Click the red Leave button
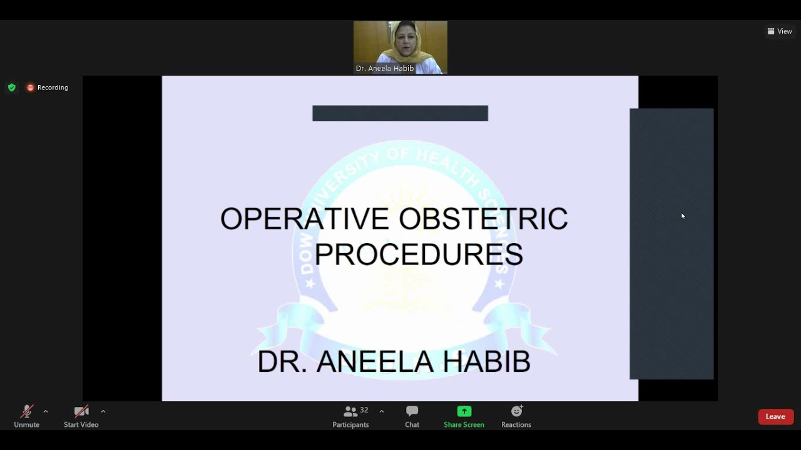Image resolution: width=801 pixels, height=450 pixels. click(775, 417)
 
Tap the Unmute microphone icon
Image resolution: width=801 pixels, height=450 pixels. click(26, 411)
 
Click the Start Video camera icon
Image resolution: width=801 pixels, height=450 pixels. click(81, 411)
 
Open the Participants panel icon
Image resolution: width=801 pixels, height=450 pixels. click(350, 411)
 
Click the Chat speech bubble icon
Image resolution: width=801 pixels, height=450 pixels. click(412, 411)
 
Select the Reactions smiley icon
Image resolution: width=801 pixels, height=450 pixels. click(516, 411)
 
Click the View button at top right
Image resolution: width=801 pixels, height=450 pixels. click(780, 31)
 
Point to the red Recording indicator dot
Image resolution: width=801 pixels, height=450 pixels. click(30, 87)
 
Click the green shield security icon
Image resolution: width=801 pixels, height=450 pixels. click(12, 87)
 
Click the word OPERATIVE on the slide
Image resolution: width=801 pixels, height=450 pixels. click(304, 219)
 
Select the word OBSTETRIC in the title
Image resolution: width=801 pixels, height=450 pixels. click(483, 219)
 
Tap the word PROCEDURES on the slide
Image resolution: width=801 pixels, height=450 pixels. click(418, 254)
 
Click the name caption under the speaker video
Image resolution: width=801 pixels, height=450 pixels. click(385, 69)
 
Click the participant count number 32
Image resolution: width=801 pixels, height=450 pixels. click(364, 410)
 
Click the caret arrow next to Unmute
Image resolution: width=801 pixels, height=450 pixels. click(46, 411)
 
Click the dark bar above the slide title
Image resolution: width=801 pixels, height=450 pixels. click(400, 113)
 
